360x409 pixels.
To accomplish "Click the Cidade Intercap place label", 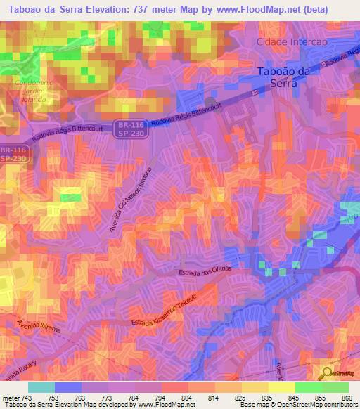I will point(292,42).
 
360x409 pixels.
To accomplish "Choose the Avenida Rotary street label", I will point(21,372).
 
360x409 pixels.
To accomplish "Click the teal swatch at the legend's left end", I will point(41,387).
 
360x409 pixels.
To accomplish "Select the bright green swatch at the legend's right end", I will point(335,387).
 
